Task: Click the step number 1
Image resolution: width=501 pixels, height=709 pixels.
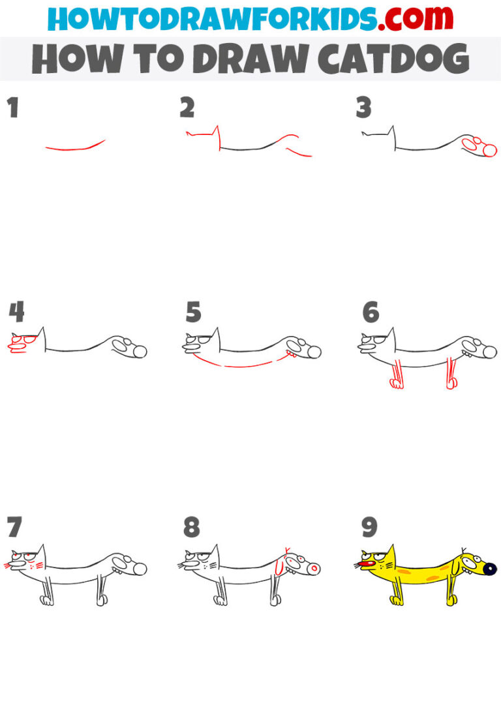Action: click(x=12, y=108)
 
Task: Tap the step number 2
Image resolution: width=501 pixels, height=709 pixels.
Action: click(x=187, y=108)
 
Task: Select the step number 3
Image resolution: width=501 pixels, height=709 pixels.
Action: click(x=363, y=108)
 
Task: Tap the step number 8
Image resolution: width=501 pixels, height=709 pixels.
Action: click(x=191, y=526)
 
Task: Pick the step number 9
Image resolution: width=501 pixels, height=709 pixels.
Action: click(x=369, y=526)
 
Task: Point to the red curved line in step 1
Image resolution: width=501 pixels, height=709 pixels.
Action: click(x=75, y=147)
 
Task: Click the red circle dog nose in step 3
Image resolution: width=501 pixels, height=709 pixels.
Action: click(x=489, y=151)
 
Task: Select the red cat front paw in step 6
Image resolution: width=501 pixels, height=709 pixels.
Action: click(x=396, y=384)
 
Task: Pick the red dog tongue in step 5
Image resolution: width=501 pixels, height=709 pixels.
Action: click(x=295, y=357)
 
